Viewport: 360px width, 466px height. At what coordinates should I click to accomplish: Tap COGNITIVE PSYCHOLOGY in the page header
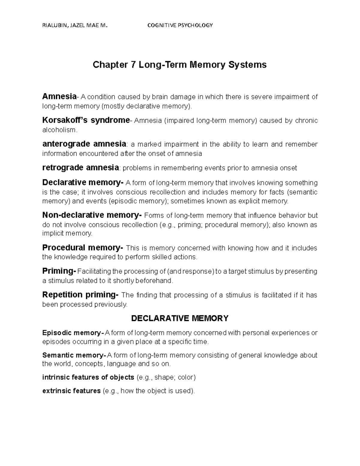[x=180, y=25]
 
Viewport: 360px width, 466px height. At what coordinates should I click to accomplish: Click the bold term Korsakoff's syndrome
[x=86, y=120]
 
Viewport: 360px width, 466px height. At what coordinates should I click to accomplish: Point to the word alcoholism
[x=59, y=130]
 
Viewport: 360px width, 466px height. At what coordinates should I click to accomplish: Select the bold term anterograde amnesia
[x=84, y=144]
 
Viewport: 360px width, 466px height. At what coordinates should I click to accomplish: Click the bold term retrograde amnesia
[x=80, y=167]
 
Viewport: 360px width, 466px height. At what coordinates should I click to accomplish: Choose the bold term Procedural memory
[x=82, y=248]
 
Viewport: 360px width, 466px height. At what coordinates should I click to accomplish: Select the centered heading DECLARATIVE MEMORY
[x=180, y=318]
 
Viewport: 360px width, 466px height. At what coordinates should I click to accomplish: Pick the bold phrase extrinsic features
[x=71, y=391]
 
